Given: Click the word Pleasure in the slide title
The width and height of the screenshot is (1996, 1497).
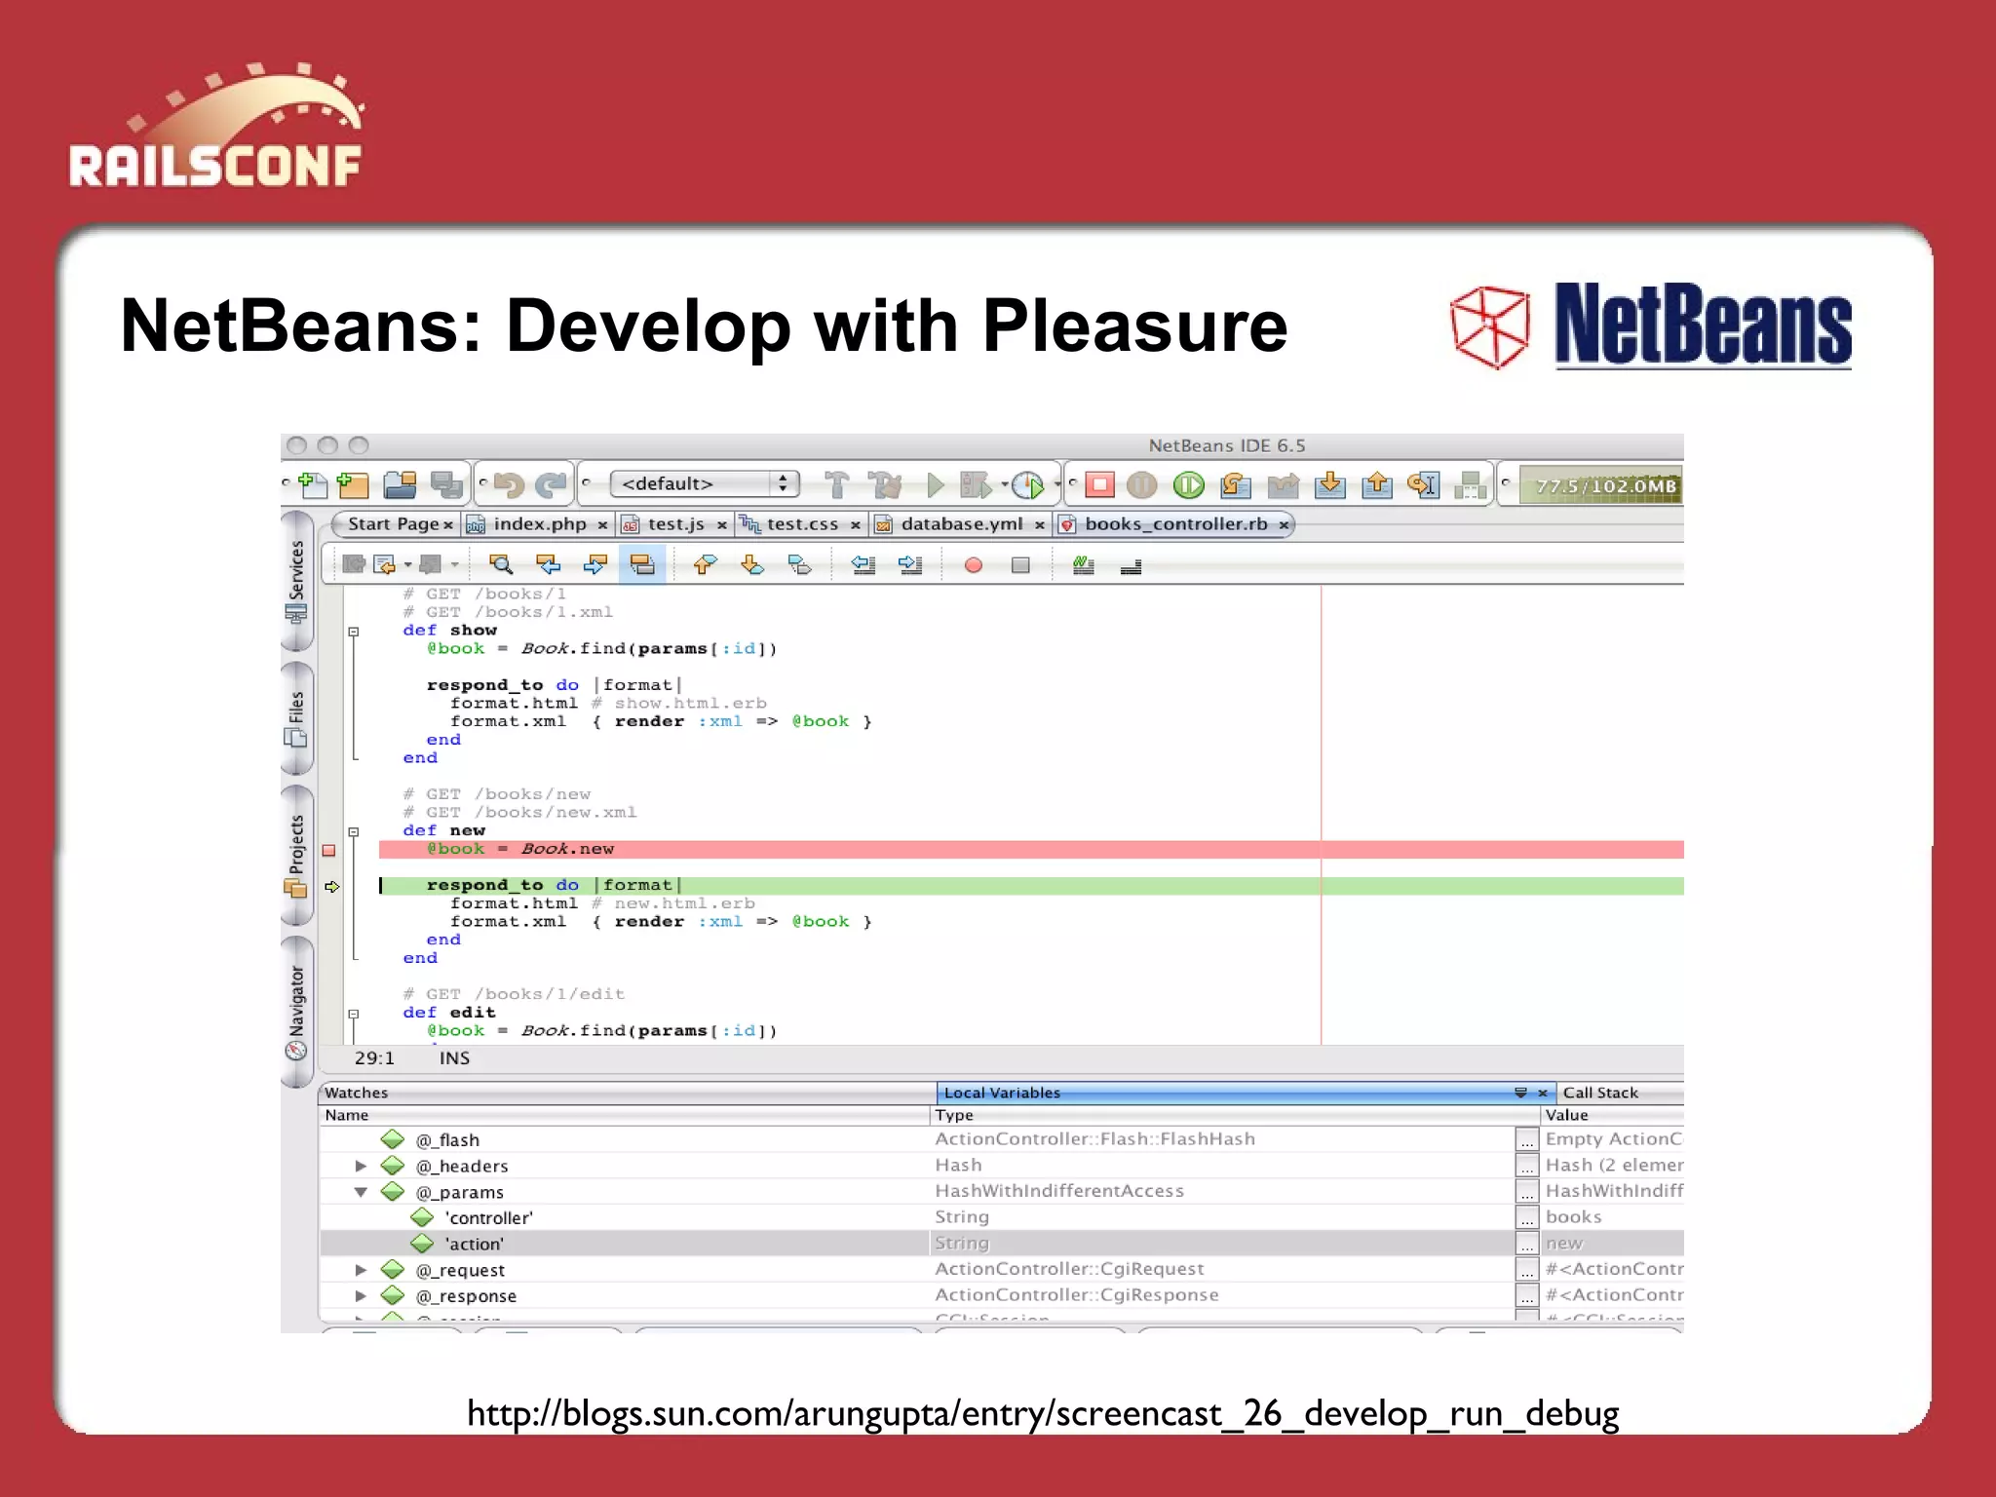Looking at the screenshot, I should pyautogui.click(x=1134, y=326).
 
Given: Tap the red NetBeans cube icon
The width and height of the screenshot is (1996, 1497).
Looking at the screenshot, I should pyautogui.click(x=1489, y=327).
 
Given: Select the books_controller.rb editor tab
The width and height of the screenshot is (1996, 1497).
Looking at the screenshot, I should pyautogui.click(x=1175, y=524).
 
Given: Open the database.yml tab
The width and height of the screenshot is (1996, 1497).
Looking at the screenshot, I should pyautogui.click(x=961, y=524).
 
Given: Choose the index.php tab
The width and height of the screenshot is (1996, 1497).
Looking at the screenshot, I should pyautogui.click(x=539, y=524).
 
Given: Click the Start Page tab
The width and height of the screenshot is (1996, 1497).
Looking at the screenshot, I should pyautogui.click(x=393, y=524).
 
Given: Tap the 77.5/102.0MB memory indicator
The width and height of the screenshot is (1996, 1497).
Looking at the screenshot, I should pyautogui.click(x=1604, y=485).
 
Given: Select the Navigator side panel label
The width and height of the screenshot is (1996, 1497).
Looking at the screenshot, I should pyautogui.click(x=296, y=1001).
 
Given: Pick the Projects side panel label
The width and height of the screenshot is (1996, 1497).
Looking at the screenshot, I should pyautogui.click(x=296, y=844).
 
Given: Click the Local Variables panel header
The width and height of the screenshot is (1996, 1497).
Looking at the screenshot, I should pyautogui.click(x=1002, y=1093).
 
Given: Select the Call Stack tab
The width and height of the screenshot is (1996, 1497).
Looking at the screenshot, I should pyautogui.click(x=1600, y=1093).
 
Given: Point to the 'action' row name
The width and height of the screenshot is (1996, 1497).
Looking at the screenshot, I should pyautogui.click(x=475, y=1244).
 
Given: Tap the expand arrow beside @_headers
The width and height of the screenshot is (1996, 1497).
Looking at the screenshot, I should pyautogui.click(x=361, y=1166).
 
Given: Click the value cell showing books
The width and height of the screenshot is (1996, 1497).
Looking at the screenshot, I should pyautogui.click(x=1574, y=1217).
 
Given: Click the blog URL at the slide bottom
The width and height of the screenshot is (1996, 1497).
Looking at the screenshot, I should pyautogui.click(x=1043, y=1413).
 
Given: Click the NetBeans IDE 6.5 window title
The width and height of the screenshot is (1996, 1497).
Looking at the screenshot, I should pyautogui.click(x=1226, y=445).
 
